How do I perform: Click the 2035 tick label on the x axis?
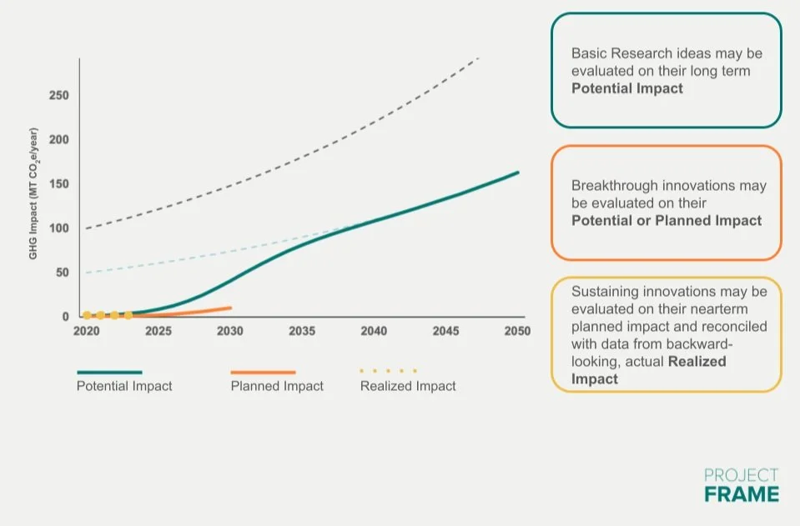(x=302, y=331)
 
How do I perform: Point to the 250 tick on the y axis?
(x=58, y=95)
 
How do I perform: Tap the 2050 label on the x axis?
(x=517, y=331)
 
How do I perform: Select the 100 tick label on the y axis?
(x=58, y=228)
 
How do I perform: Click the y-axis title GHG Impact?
(x=34, y=193)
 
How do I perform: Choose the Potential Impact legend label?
(x=124, y=386)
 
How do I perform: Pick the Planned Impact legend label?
(x=277, y=386)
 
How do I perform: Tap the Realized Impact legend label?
(x=408, y=386)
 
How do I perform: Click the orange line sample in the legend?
(x=263, y=372)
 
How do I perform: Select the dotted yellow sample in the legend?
(x=388, y=371)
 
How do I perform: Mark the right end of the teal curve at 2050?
(x=518, y=173)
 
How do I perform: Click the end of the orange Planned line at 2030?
(x=230, y=308)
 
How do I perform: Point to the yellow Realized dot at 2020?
(x=87, y=315)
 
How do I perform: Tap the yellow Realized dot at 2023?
(x=128, y=315)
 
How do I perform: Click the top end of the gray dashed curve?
(x=479, y=58)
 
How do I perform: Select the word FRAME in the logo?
(x=742, y=493)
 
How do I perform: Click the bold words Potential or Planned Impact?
(x=667, y=221)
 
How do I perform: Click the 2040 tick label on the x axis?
(x=374, y=331)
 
